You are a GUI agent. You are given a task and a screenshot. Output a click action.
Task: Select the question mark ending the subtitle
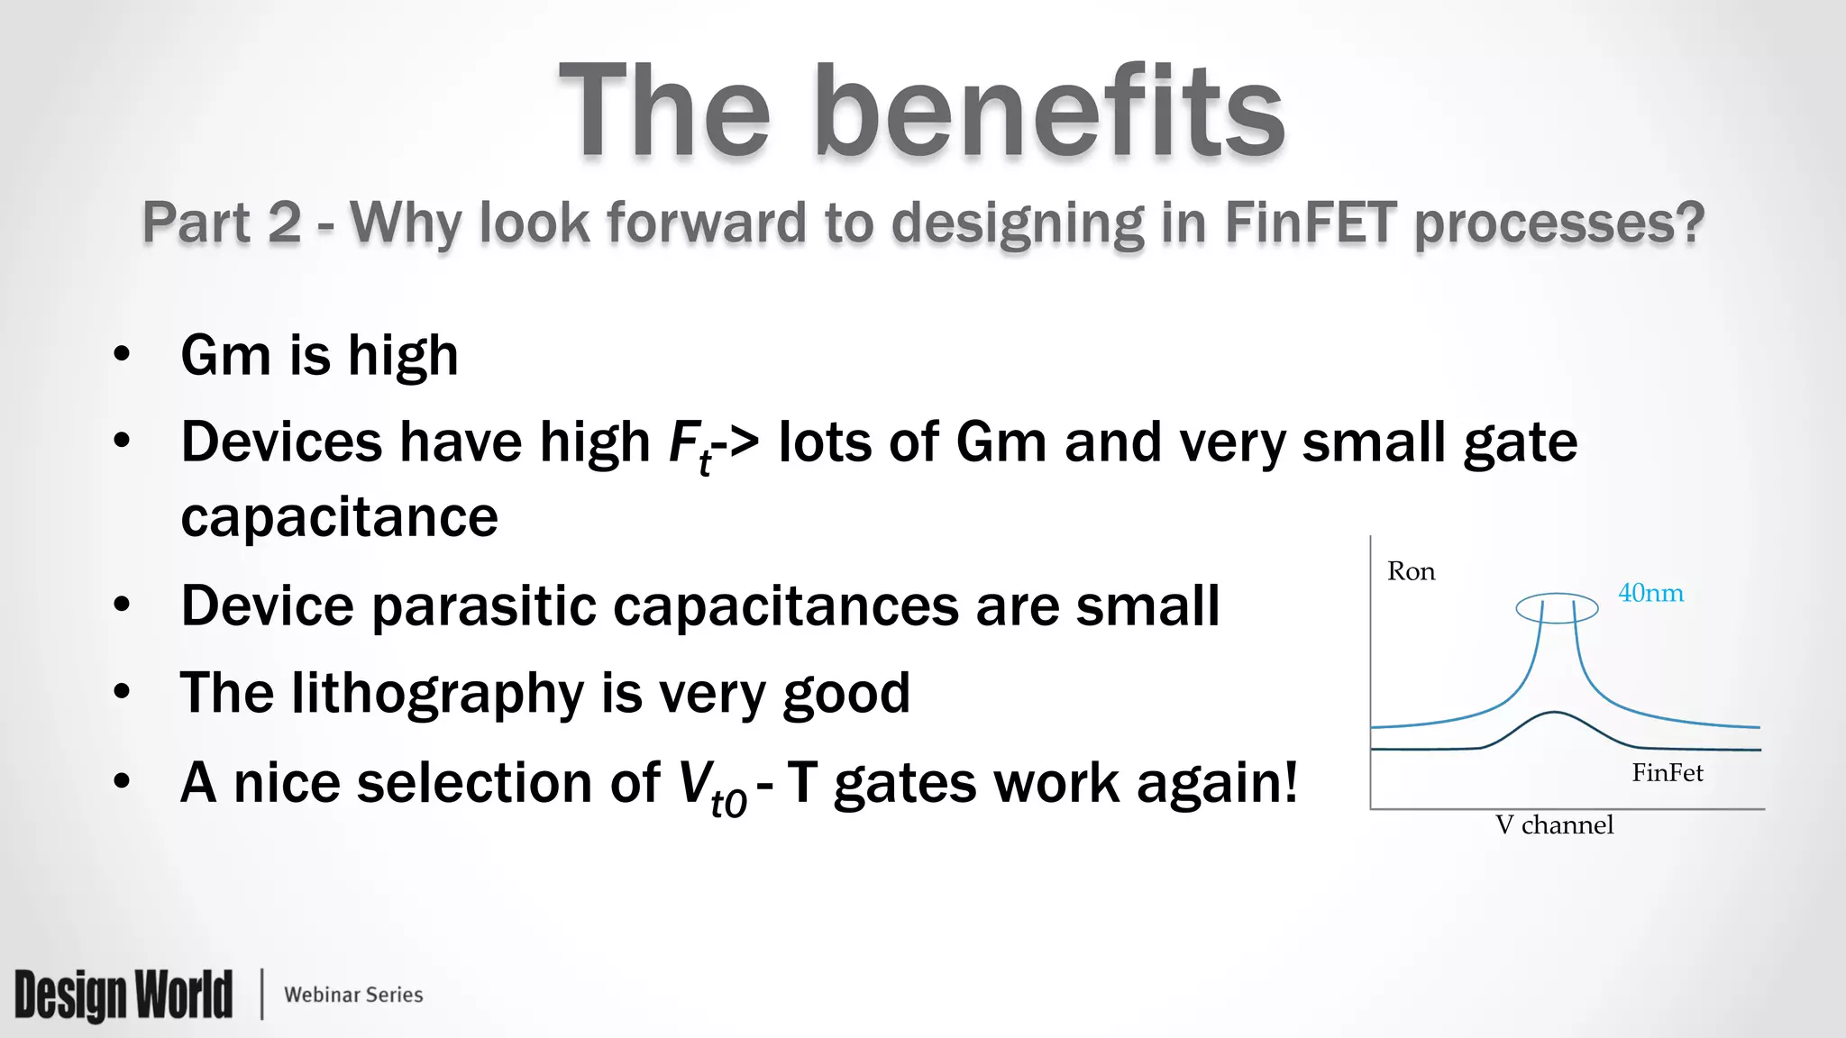[1687, 222]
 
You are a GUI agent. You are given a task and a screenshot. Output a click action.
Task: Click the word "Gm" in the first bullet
[225, 355]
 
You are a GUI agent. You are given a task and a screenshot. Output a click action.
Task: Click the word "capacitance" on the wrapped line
[339, 517]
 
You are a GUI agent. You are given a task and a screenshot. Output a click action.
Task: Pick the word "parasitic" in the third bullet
[483, 605]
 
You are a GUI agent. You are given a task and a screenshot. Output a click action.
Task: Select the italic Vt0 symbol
[710, 786]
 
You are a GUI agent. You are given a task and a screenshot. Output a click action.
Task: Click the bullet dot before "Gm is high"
[123, 354]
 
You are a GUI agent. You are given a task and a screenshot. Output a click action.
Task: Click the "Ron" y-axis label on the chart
[1411, 571]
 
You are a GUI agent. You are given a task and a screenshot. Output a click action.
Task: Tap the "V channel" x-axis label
[1554, 824]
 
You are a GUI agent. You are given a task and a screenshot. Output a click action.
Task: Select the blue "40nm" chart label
[1650, 593]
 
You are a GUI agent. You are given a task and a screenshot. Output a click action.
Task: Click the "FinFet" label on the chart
[1667, 772]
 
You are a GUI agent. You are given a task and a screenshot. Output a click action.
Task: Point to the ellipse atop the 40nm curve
[1557, 608]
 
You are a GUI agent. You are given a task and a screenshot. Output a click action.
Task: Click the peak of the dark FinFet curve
[1555, 713]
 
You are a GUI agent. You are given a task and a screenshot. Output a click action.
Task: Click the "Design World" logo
[123, 995]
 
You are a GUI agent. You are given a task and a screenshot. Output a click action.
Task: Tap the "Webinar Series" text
[353, 995]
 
